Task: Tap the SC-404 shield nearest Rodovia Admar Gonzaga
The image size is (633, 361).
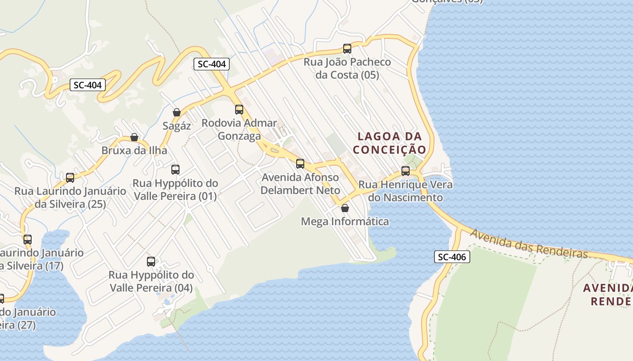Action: click(212, 64)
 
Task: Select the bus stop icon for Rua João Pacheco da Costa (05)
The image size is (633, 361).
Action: click(347, 49)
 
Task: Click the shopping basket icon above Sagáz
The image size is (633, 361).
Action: click(177, 112)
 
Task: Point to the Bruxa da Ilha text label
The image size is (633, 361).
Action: click(134, 151)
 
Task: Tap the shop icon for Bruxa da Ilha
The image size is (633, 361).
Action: click(134, 137)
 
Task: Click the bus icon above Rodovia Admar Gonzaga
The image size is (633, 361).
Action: click(239, 110)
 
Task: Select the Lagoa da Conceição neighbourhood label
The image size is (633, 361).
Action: click(390, 143)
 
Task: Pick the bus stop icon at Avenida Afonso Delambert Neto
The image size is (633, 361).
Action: click(300, 164)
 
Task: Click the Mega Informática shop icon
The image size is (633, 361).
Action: click(345, 208)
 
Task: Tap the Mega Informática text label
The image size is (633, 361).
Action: click(345, 222)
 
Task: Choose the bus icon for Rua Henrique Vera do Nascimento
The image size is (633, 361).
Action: click(406, 171)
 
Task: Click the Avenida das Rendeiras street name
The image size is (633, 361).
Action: click(529, 244)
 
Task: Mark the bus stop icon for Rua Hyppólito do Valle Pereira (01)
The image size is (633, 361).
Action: click(175, 170)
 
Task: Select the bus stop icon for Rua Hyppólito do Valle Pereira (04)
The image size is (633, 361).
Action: click(151, 262)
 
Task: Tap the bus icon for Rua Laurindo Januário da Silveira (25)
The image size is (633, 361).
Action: click(70, 178)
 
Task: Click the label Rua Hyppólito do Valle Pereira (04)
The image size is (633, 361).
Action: click(151, 281)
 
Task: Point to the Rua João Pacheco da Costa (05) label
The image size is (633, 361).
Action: click(347, 68)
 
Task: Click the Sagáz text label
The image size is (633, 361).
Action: click(177, 126)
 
